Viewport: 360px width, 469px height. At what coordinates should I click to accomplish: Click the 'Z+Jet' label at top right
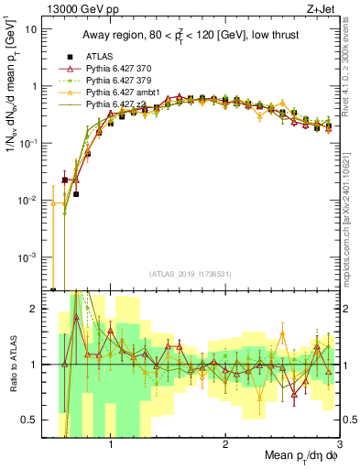321,9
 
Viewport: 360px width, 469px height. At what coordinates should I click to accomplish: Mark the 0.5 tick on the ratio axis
30,420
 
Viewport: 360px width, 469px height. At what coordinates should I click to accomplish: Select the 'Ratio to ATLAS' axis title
11,365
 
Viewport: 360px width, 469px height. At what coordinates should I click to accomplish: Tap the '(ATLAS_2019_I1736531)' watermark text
190,275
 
